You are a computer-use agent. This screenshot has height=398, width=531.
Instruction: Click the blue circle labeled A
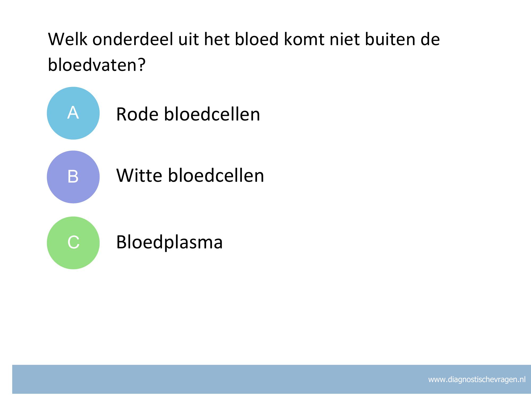click(73, 113)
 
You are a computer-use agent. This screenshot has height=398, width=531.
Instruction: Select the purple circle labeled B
click(73, 177)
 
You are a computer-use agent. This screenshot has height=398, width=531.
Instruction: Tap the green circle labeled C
click(73, 243)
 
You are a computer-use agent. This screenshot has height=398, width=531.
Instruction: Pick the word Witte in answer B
click(139, 175)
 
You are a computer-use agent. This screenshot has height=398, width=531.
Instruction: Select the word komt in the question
click(304, 39)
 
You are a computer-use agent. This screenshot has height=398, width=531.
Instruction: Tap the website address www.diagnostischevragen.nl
click(477, 380)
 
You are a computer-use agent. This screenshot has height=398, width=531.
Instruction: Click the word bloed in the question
click(257, 39)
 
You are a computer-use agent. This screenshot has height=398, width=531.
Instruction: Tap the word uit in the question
click(188, 39)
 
